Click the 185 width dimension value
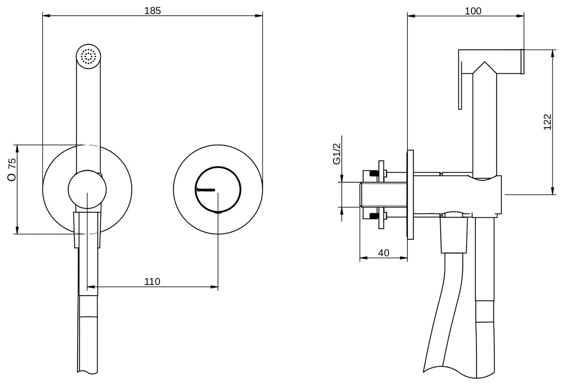[152, 11]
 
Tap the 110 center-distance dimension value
[152, 281]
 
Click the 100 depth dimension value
[473, 11]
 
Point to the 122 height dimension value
[547, 122]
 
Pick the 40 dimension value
[384, 253]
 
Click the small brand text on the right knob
[205, 190]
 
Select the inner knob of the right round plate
[218, 190]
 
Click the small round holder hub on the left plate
[87, 190]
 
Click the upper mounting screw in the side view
[373, 173]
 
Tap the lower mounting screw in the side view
[373, 215]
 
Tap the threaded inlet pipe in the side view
[383, 194]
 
